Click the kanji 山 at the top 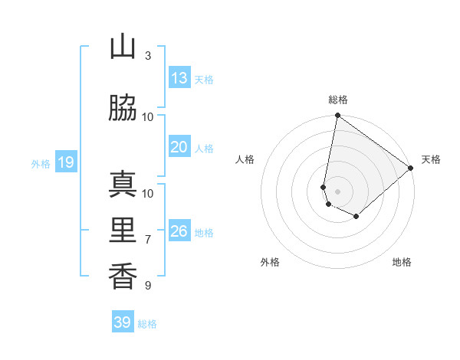tap(123, 47)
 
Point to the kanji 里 tap(123, 231)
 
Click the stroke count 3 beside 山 tap(148, 56)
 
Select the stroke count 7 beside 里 tap(148, 240)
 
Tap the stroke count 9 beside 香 tap(148, 286)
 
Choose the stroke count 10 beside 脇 tap(148, 117)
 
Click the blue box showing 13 tap(179, 78)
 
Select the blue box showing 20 tap(179, 147)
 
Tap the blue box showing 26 tap(179, 231)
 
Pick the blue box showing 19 tap(65, 162)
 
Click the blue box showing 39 tap(122, 322)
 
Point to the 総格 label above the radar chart tap(337, 100)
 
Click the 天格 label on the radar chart tap(432, 159)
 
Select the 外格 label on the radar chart tap(270, 263)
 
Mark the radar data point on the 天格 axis tap(411, 169)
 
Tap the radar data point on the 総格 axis tap(337, 116)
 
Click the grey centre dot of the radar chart tap(337, 191)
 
